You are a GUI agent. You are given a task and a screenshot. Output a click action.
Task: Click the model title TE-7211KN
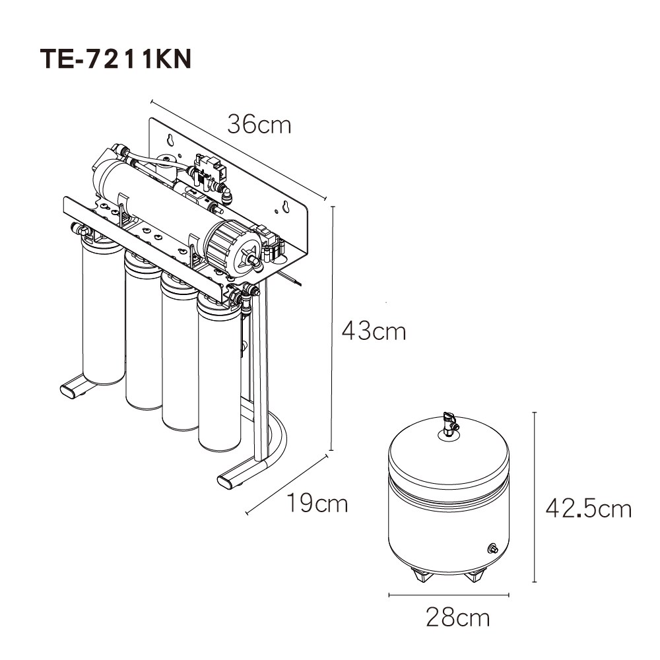click(115, 59)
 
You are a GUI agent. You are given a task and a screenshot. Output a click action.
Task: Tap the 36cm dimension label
click(259, 124)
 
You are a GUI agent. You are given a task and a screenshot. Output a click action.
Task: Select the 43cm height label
click(374, 331)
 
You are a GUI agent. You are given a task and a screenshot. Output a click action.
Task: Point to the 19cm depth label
click(317, 503)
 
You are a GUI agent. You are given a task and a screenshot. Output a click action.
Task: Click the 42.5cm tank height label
click(589, 508)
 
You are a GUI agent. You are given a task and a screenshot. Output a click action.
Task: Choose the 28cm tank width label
click(458, 618)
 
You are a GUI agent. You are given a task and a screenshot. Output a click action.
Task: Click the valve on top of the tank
click(450, 424)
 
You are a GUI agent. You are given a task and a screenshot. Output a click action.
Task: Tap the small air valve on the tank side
click(492, 548)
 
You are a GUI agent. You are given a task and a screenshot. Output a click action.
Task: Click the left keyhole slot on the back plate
click(170, 139)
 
